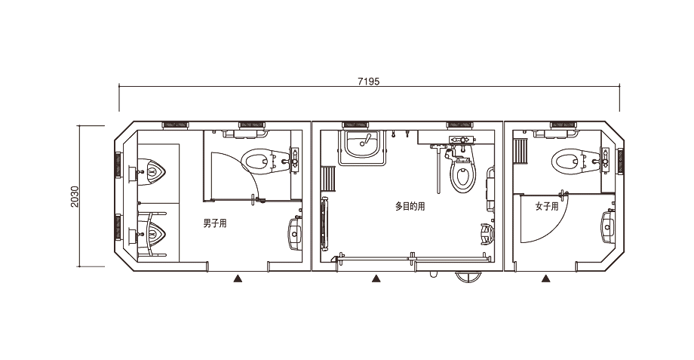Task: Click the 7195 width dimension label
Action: tap(369, 81)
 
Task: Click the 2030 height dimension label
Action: tap(75, 197)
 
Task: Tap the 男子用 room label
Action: tap(215, 223)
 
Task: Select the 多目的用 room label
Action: tap(410, 206)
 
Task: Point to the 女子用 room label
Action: tap(547, 206)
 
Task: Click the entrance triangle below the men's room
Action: tap(238, 278)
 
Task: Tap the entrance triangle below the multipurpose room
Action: tap(376, 278)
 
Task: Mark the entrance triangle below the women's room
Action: tap(546, 278)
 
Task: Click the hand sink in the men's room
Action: tap(295, 233)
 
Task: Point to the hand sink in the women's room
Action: tap(608, 227)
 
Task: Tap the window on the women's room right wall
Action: tap(621, 162)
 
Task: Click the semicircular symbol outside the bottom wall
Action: tap(468, 278)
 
